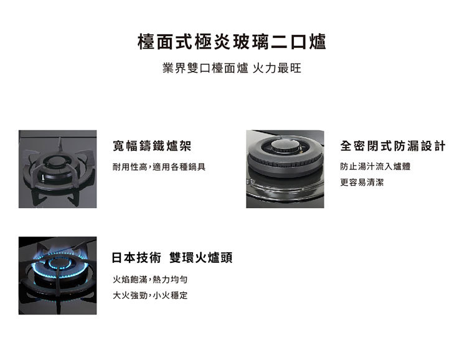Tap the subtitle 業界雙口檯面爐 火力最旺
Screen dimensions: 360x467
(232, 68)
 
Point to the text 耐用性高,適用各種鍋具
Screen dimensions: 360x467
(159, 167)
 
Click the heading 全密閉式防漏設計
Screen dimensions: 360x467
(393, 146)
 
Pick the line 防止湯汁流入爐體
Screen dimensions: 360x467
(375, 167)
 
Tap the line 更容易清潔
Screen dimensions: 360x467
(362, 182)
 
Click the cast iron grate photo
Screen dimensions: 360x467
(57, 169)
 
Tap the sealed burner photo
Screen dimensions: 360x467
(285, 169)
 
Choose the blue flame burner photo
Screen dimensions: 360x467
(57, 275)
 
